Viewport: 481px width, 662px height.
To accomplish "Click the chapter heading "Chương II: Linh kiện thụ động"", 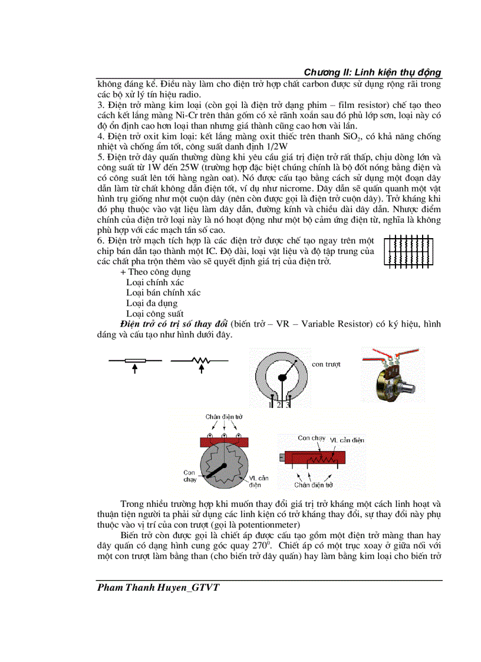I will (x=372, y=72).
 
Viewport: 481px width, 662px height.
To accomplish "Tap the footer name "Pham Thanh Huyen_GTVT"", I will (x=159, y=587).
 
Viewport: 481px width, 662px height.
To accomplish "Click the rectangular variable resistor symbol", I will (x=135, y=360).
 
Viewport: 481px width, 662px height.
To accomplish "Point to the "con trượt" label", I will (x=326, y=364).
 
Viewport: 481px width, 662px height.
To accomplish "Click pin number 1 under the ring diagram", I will (x=271, y=404).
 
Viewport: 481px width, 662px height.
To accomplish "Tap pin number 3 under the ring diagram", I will (x=287, y=404).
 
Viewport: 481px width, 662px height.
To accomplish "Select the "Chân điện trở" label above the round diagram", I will (x=224, y=416).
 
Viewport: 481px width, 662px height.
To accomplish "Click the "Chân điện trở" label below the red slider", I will (x=314, y=485).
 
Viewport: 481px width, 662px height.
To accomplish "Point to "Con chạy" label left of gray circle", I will (x=189, y=476).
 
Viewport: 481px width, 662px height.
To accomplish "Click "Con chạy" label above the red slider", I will (x=311, y=438).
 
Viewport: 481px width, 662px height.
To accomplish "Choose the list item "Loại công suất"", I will (x=154, y=314).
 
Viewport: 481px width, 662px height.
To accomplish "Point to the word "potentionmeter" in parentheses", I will (x=268, y=525).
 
